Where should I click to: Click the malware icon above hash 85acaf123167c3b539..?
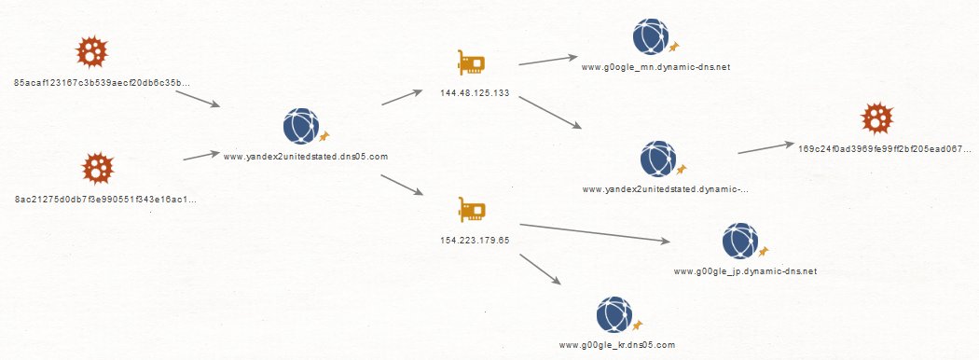tap(92, 51)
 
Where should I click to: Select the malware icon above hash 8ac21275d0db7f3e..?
tap(98, 168)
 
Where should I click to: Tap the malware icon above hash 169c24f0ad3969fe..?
tap(877, 118)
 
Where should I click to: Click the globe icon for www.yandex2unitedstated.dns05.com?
tap(301, 126)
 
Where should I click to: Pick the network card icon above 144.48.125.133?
tap(472, 62)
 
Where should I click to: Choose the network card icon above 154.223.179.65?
tap(472, 210)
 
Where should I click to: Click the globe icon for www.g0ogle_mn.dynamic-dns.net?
tap(651, 37)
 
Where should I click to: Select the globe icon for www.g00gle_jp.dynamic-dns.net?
tap(740, 241)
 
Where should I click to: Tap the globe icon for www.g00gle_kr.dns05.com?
tap(614, 314)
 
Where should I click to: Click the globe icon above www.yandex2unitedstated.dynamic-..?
tap(658, 159)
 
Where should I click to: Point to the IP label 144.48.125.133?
tap(475, 93)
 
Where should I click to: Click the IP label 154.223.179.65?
tap(475, 240)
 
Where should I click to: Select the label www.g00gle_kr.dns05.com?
tap(617, 344)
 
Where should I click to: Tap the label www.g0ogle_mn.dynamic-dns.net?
tap(655, 67)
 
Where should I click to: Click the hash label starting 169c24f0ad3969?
tap(885, 148)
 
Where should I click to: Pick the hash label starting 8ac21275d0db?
tap(105, 200)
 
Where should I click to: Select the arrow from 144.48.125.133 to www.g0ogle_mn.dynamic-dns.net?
tap(548, 60)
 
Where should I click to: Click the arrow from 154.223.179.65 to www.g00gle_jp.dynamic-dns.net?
tap(595, 232)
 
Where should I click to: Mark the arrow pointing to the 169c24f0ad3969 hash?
tap(766, 147)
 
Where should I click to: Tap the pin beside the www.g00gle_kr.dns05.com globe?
tap(638, 325)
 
